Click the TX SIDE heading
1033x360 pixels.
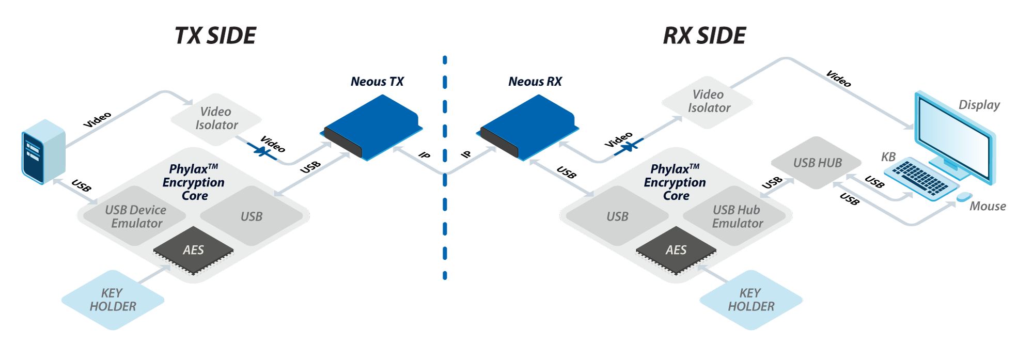pyautogui.click(x=215, y=36)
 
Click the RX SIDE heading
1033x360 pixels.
pyautogui.click(x=705, y=36)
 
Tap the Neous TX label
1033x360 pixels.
pyautogui.click(x=377, y=82)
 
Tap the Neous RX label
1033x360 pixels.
pyautogui.click(x=535, y=82)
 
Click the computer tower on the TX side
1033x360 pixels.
pyautogui.click(x=43, y=151)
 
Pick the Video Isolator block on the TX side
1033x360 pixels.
pyautogui.click(x=216, y=119)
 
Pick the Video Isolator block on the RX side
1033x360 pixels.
pyautogui.click(x=708, y=102)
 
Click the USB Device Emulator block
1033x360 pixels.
pyautogui.click(x=135, y=216)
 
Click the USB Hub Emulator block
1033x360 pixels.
pyautogui.click(x=737, y=216)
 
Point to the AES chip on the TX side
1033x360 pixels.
pyautogui.click(x=193, y=250)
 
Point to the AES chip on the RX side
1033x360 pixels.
pyautogui.click(x=676, y=250)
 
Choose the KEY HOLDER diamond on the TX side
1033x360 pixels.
pyautogui.click(x=113, y=300)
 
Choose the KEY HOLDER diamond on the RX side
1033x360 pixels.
pyautogui.click(x=751, y=300)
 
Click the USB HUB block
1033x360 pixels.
pyautogui.click(x=817, y=163)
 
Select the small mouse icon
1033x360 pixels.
pyautogui.click(x=964, y=196)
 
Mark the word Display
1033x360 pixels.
pyautogui.click(x=979, y=105)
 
